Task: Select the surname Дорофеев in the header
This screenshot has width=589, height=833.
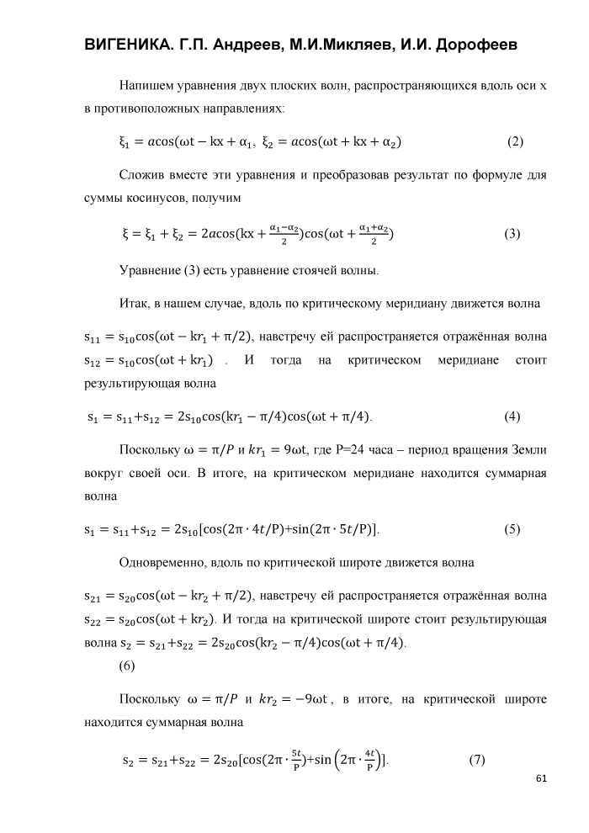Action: tap(475, 45)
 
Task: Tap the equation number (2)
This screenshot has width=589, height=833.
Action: tap(515, 141)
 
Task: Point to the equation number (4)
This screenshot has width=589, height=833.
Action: tap(512, 416)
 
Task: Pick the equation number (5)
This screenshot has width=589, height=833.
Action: tap(512, 529)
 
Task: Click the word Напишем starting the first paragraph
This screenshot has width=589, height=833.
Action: tap(149, 86)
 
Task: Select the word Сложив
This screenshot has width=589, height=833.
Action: tap(145, 176)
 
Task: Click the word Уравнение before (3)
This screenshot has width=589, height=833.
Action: tap(150, 271)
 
